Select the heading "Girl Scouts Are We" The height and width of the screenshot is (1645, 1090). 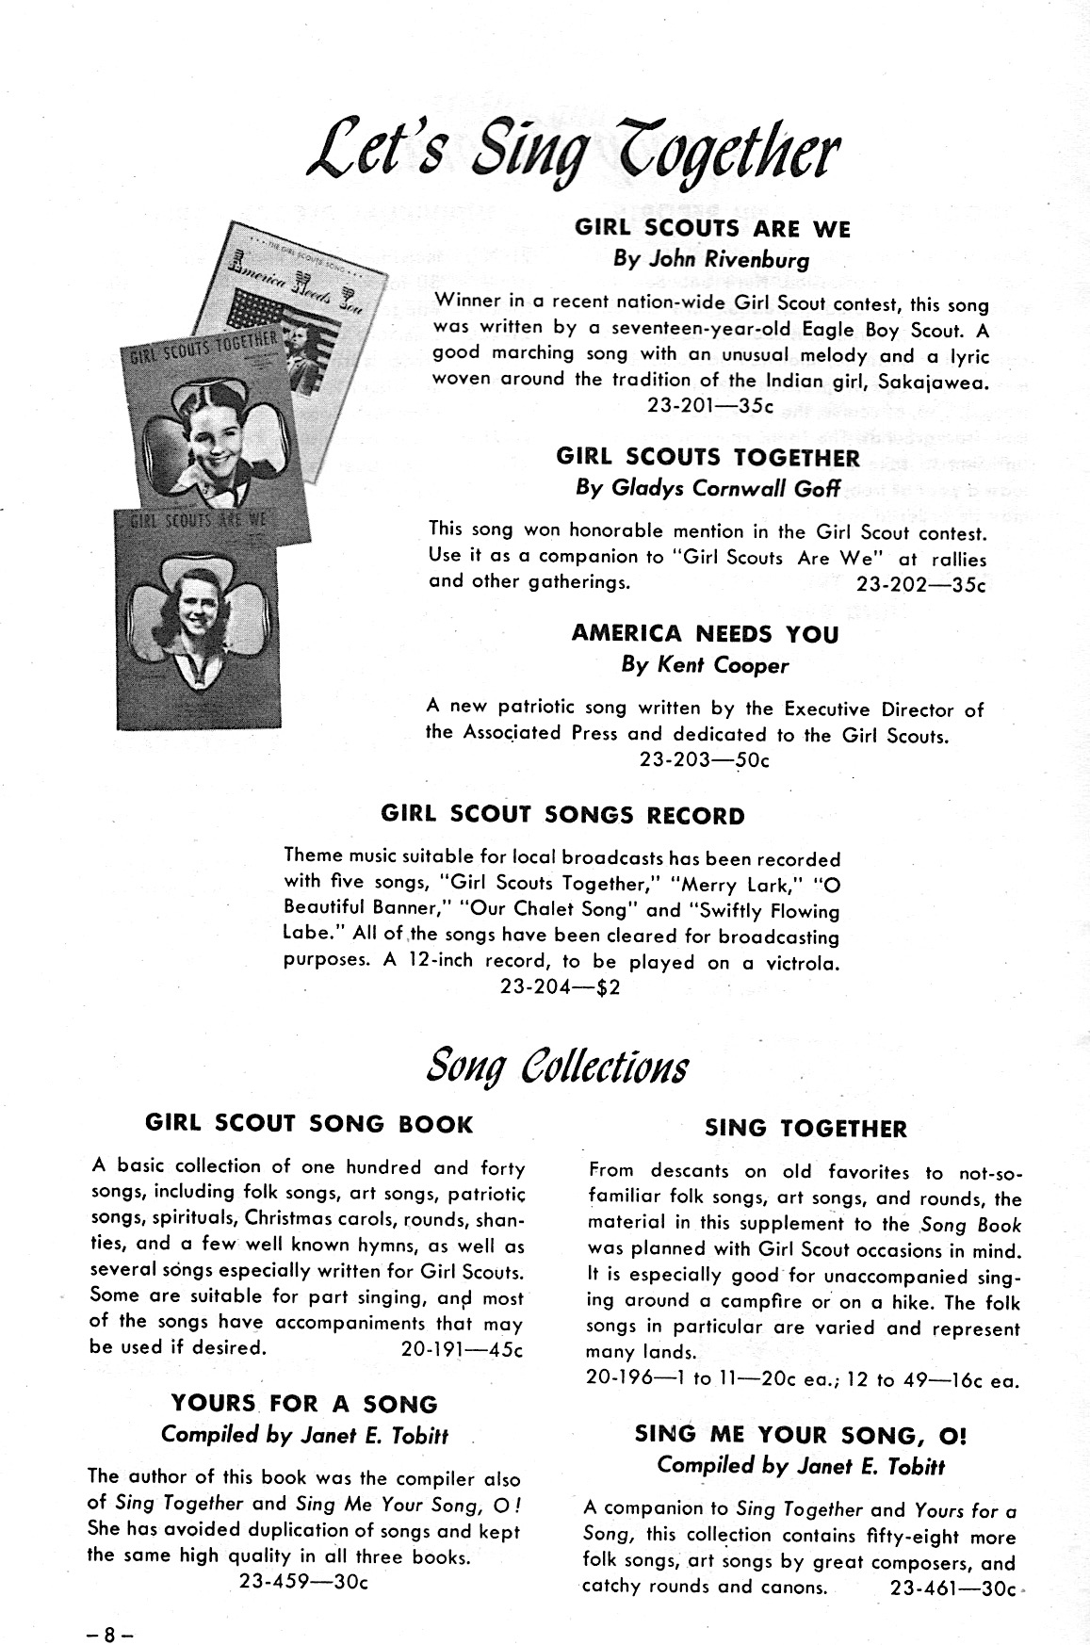click(712, 229)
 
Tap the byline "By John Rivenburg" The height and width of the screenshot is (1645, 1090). click(711, 259)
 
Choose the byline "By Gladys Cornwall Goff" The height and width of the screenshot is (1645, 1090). click(708, 489)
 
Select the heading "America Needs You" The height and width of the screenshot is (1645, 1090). click(705, 634)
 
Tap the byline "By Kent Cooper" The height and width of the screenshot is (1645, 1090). click(705, 665)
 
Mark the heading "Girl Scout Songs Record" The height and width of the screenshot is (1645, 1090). click(562, 816)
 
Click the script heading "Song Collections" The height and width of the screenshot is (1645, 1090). click(558, 1066)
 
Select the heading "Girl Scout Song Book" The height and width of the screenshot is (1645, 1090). click(309, 1124)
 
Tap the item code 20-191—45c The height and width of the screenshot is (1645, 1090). click(462, 1348)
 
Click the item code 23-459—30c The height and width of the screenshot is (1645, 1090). click(303, 1582)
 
